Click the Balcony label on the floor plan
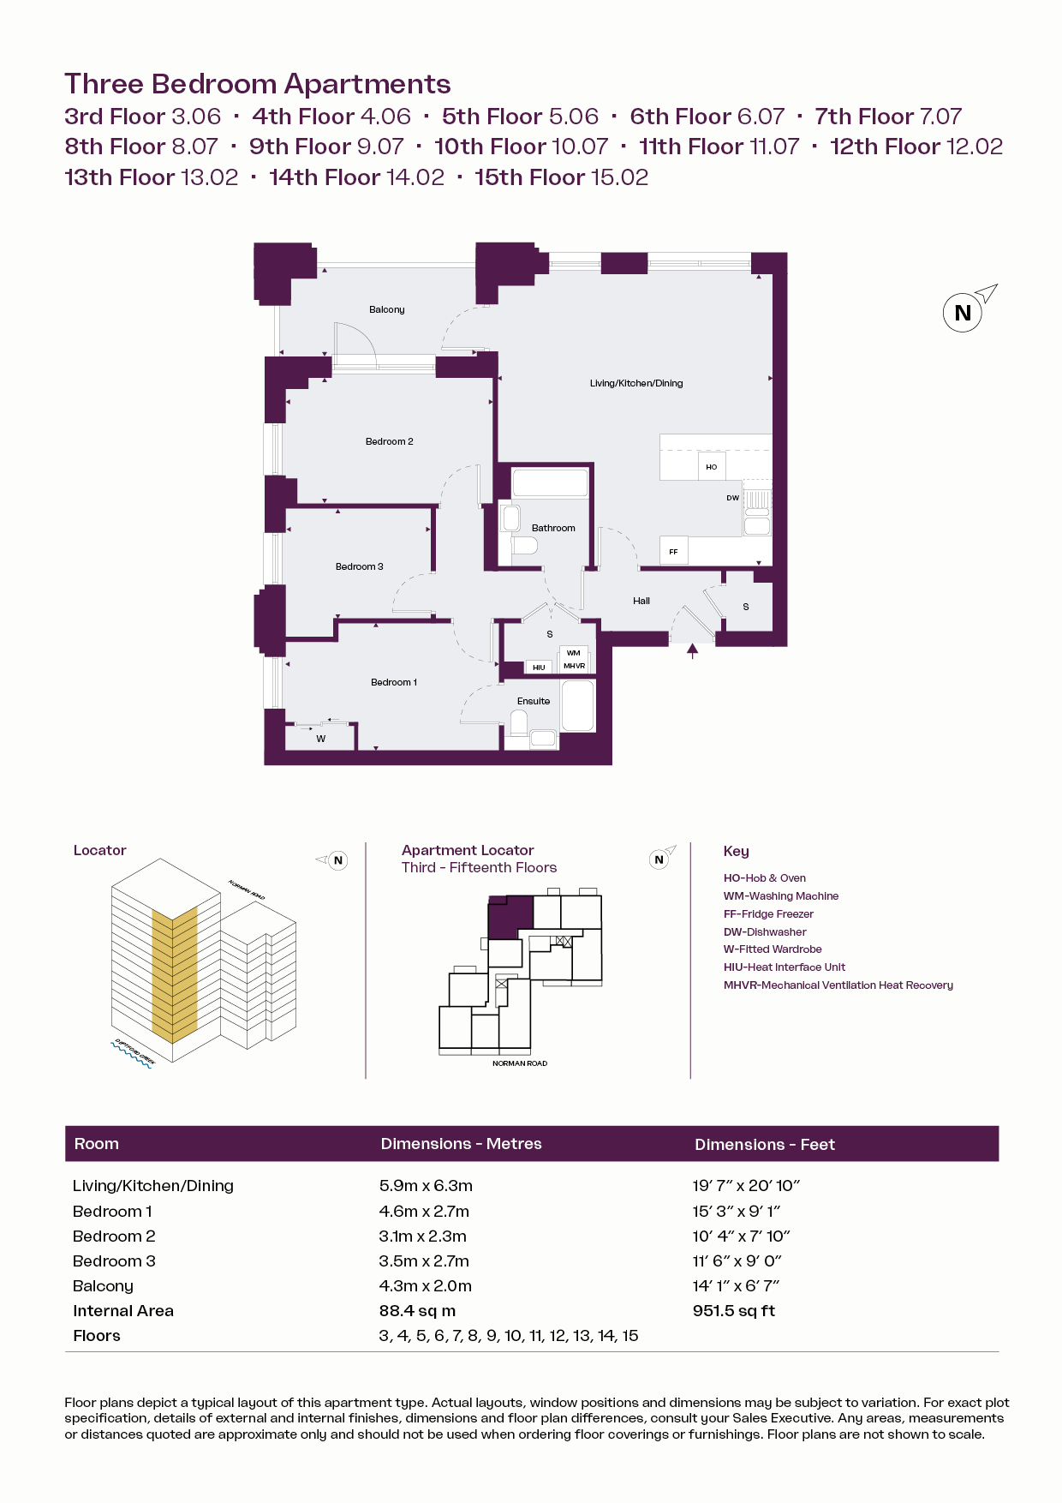point(387,309)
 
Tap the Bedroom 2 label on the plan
point(390,441)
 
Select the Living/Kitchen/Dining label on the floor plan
point(636,383)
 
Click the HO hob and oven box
point(712,466)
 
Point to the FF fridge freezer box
point(674,551)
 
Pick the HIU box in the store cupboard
point(539,667)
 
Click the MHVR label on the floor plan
point(574,666)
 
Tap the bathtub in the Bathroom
point(550,482)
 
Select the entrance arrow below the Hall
point(693,651)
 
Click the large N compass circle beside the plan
point(963,313)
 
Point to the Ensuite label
point(534,701)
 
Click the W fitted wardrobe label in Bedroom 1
point(321,739)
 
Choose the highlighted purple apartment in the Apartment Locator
point(509,917)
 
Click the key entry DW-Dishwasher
point(765,931)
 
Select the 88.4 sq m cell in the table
point(417,1310)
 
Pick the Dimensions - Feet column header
point(765,1144)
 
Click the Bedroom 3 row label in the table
point(114,1260)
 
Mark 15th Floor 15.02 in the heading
point(562,177)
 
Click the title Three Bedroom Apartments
point(258,84)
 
